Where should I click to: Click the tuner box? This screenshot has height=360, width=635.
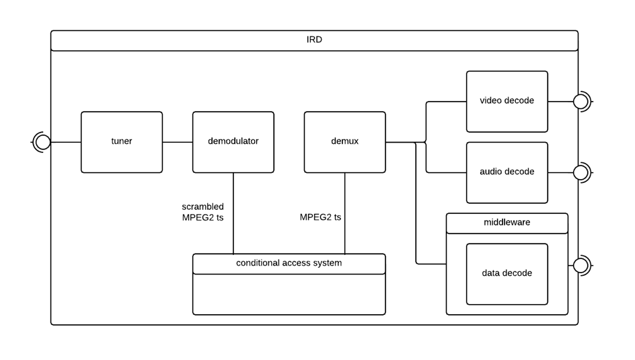tap(122, 142)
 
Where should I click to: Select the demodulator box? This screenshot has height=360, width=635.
tap(233, 142)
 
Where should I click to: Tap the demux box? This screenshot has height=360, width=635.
tap(344, 142)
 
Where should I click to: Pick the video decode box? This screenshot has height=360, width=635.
tap(507, 102)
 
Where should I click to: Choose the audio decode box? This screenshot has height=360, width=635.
tap(507, 172)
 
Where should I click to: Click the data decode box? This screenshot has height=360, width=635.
tap(507, 274)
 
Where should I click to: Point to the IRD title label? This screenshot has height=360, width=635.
tap(314, 40)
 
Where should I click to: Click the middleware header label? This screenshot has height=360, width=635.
tap(507, 223)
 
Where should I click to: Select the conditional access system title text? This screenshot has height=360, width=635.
tap(289, 263)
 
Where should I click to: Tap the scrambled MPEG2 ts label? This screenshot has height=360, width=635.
tap(202, 212)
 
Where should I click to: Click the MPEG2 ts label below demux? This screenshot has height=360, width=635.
tap(320, 217)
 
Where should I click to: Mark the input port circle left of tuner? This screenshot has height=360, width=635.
tap(42, 142)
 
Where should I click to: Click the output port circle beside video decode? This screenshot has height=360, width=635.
tap(581, 102)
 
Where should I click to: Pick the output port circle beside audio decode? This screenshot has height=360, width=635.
tap(581, 172)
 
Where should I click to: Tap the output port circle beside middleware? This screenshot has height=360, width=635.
tap(581, 265)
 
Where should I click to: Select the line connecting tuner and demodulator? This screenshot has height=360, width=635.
tap(178, 142)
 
